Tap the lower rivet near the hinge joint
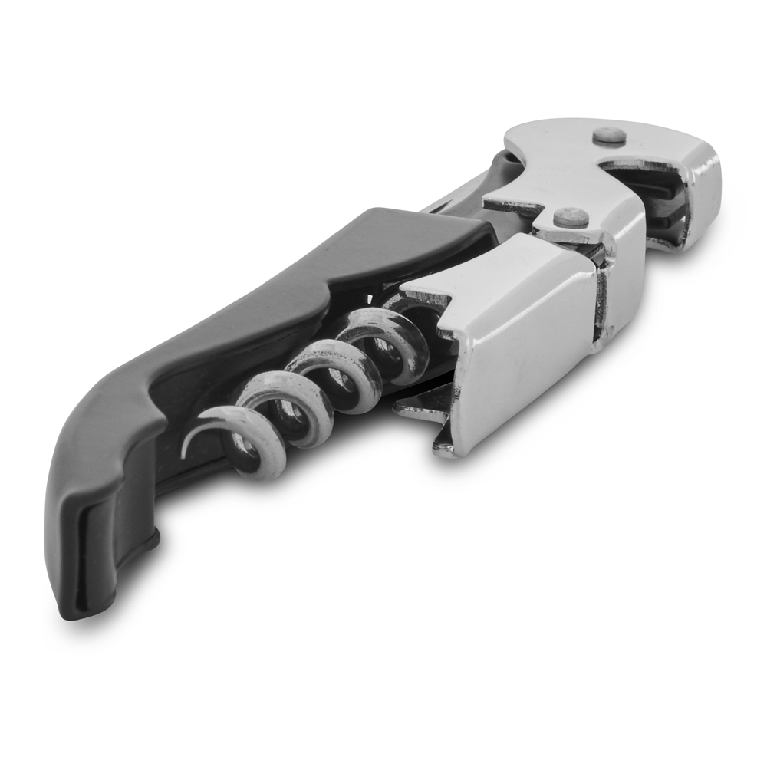pos(571,217)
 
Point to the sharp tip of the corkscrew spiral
pos(185,453)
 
